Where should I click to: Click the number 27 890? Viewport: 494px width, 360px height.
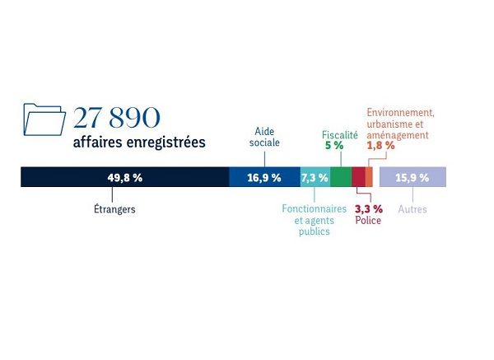coord(115,118)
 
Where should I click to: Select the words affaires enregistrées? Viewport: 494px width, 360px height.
coord(139,142)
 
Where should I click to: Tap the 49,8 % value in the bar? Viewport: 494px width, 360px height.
coord(125,177)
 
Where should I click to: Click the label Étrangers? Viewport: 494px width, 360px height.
coord(114,209)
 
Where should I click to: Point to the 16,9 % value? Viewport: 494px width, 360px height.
coord(263,177)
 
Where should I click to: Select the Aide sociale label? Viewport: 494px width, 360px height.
coord(265,137)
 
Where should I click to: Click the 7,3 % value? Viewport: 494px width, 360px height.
coord(315,177)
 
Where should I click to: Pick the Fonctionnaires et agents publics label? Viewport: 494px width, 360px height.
coord(315,220)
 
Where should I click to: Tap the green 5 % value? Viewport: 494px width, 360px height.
coord(333,146)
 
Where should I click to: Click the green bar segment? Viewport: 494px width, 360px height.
coord(341,177)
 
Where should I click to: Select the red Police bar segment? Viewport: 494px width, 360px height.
coord(358,177)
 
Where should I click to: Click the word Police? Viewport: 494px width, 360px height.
coord(368,221)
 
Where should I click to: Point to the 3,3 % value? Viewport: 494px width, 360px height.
coord(368,209)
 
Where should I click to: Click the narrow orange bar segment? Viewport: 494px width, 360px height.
coord(369,177)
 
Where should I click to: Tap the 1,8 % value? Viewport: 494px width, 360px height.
coord(380,146)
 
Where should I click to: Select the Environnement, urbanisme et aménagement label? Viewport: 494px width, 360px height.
coord(400,123)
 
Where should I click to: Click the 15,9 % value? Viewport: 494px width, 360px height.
coord(412,177)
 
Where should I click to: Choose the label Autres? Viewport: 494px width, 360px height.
coord(412,209)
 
